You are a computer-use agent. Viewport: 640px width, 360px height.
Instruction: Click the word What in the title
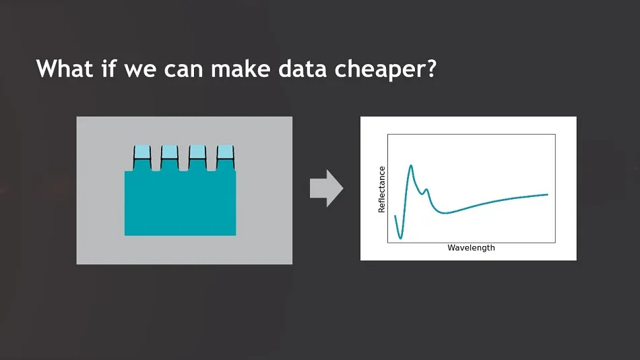coord(65,68)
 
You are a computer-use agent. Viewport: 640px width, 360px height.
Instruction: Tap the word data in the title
coord(302,68)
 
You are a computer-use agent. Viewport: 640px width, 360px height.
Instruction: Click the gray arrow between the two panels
coord(326,188)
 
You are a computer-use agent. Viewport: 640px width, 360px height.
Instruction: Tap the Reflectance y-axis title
coord(381,189)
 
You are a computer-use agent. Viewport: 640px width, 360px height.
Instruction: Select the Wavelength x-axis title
coord(471,248)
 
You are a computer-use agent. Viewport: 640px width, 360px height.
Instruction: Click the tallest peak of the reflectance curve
coord(411,165)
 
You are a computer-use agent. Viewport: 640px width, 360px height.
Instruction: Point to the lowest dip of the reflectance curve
coord(400,238)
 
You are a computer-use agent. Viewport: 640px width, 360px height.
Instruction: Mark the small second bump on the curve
coord(426,189)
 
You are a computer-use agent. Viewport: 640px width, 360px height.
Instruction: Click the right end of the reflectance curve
coord(547,195)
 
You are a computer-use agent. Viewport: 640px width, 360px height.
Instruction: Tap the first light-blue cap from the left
coord(142,152)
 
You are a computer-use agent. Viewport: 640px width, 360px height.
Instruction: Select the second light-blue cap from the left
coord(169,152)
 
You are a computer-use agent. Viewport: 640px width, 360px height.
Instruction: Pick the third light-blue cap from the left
coord(197,152)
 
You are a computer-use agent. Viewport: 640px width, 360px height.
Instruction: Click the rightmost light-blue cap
coord(225,152)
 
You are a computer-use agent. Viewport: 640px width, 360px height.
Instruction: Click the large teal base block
coord(180,203)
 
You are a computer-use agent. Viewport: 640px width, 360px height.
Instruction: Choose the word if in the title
coord(108,68)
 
